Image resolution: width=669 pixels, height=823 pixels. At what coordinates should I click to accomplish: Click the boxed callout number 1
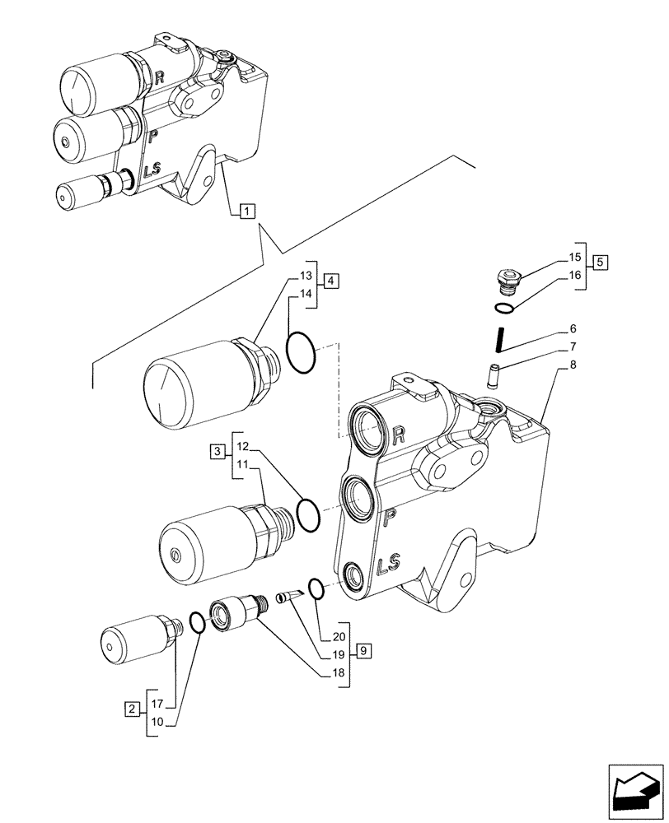click(x=247, y=211)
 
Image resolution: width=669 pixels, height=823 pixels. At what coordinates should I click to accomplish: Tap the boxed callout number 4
click(x=330, y=281)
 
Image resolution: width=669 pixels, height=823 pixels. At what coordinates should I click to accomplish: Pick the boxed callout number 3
click(x=217, y=451)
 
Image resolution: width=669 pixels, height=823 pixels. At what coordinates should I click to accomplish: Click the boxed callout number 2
click(x=131, y=708)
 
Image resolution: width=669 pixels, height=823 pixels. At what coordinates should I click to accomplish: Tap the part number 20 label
click(x=338, y=636)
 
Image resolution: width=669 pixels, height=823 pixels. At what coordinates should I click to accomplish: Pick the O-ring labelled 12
click(x=308, y=514)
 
